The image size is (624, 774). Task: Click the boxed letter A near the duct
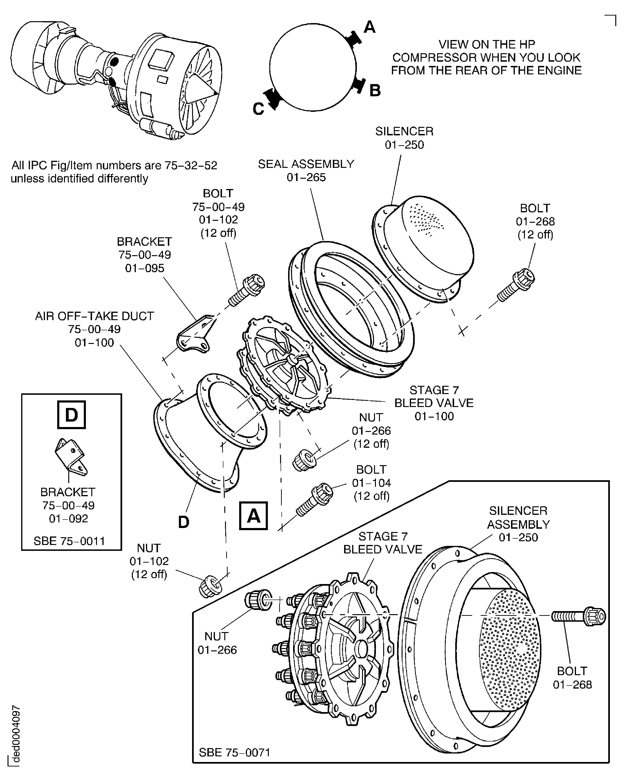(x=254, y=516)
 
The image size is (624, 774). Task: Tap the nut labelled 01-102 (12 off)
(x=210, y=586)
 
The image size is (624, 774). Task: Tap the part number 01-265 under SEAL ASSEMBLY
(x=306, y=177)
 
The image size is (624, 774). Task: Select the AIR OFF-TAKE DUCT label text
(x=95, y=316)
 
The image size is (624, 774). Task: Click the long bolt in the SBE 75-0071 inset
(x=579, y=617)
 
